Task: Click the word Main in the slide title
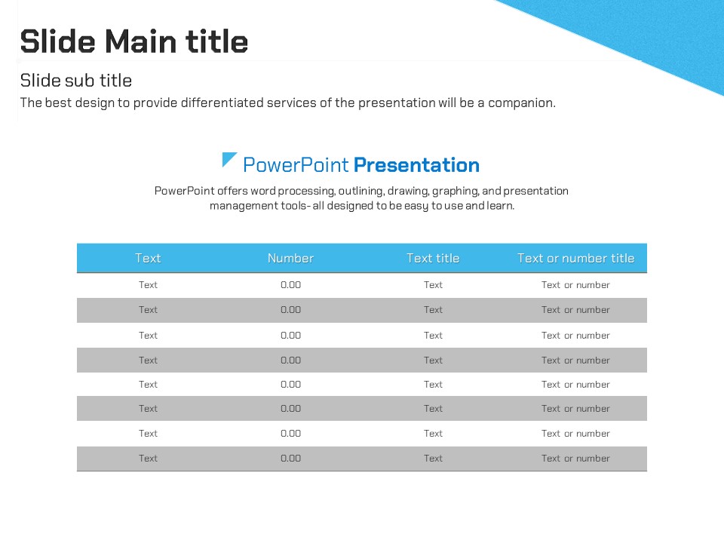pos(141,41)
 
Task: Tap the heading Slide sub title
pos(76,81)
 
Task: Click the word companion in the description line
pos(522,103)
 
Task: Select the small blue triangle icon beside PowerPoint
pos(229,159)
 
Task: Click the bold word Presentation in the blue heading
pos(416,165)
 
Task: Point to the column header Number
pos(290,258)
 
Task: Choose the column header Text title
pos(433,258)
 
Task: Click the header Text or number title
pos(575,258)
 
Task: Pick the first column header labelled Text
pos(149,258)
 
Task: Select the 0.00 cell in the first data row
pos(290,285)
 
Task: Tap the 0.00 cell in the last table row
pos(290,459)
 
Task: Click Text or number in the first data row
pos(575,285)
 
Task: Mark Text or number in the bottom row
pos(575,459)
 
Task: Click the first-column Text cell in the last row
pos(149,459)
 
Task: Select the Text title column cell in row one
pos(433,285)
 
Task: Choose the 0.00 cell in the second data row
pos(290,310)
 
